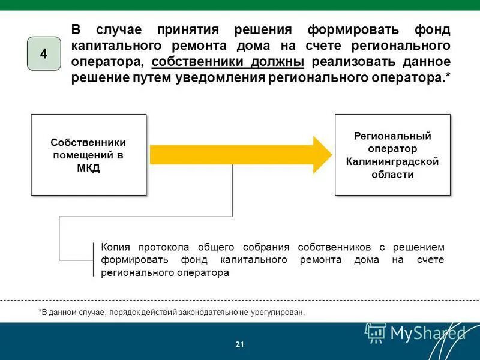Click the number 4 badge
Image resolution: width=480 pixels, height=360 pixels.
[x=44, y=53]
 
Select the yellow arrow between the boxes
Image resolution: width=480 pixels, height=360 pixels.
[x=240, y=154]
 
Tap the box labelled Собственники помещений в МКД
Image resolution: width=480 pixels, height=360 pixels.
[x=89, y=155]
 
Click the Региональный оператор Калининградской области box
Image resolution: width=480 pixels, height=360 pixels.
[x=392, y=155]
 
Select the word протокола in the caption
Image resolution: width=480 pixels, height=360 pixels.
[x=164, y=247]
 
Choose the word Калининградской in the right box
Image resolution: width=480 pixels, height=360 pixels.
[x=392, y=161]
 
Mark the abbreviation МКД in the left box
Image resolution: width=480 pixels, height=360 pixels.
[x=89, y=168]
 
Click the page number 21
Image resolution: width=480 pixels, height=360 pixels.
[x=240, y=344]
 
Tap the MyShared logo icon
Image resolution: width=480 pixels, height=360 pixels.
[x=376, y=332]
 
